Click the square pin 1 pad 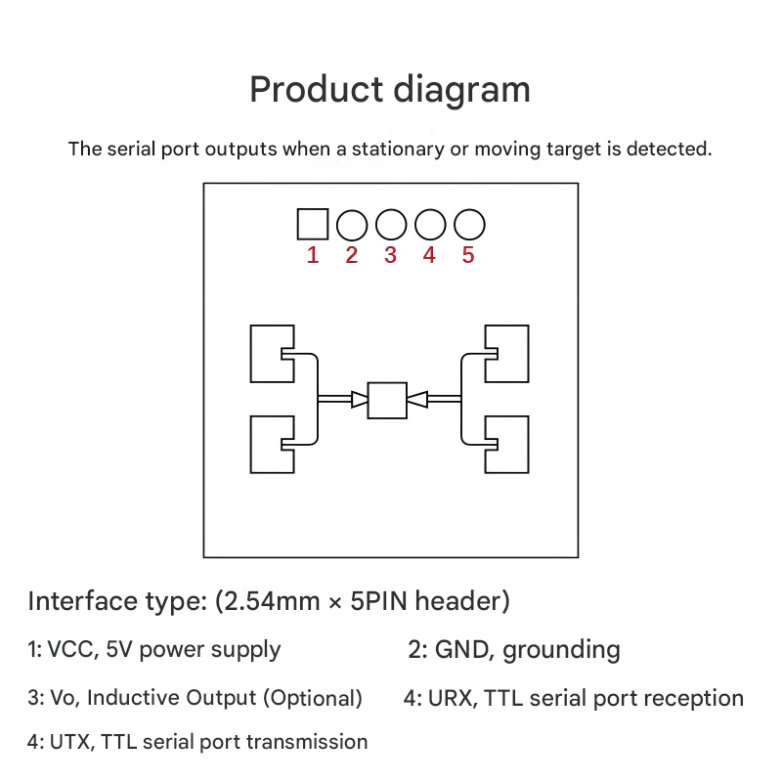(x=312, y=225)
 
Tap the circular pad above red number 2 (x=352, y=226)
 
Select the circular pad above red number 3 (x=391, y=226)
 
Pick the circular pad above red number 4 (x=430, y=226)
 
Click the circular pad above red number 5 (x=469, y=226)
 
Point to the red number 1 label (x=313, y=256)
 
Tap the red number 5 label (x=468, y=256)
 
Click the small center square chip (x=387, y=399)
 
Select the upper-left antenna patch (x=269, y=353)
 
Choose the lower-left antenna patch (x=269, y=445)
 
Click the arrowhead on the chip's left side (x=360, y=398)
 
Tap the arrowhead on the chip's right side (x=415, y=398)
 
